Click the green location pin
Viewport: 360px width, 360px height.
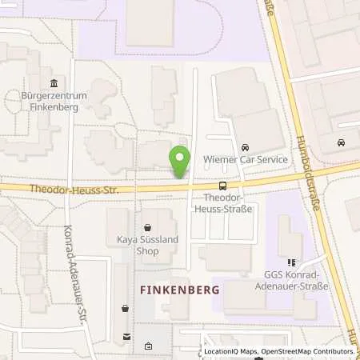180,161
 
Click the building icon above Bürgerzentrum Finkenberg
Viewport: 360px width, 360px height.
54,84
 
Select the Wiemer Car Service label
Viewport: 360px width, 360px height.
246,160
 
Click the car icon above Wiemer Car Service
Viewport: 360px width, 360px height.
246,147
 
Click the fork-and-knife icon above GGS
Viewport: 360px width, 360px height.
292,262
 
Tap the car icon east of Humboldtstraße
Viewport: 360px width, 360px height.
342,142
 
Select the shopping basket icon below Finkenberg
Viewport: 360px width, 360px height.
125,308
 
